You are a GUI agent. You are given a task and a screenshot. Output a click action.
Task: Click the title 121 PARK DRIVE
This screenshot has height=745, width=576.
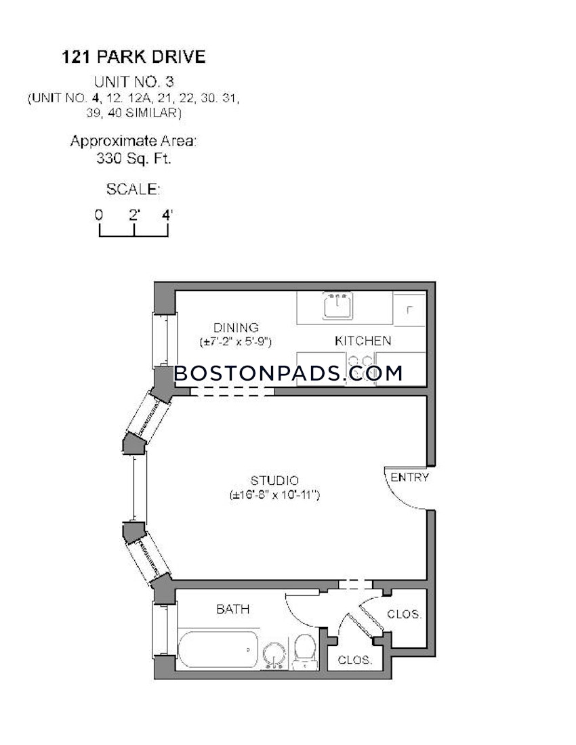(x=133, y=57)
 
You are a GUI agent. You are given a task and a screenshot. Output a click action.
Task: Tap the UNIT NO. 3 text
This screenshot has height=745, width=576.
(x=133, y=83)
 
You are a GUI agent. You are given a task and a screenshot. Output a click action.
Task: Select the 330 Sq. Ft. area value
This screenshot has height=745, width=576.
(x=133, y=160)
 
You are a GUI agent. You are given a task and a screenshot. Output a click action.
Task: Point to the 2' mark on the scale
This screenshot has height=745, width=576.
(x=134, y=215)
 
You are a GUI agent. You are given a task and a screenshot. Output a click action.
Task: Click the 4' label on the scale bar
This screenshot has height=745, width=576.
(x=167, y=215)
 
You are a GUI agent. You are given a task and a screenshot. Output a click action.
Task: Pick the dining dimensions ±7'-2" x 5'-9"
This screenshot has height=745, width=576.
(x=236, y=342)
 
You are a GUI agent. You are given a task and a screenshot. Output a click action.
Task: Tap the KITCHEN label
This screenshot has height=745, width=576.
(x=363, y=341)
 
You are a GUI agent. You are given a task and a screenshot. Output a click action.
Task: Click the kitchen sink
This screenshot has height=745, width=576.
(x=337, y=306)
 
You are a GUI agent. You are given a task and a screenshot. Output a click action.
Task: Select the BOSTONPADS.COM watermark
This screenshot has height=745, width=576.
(x=289, y=372)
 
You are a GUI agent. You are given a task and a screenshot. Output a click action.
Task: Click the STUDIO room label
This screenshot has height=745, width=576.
(x=274, y=481)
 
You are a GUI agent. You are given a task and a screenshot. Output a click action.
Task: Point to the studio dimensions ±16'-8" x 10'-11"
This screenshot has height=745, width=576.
(x=274, y=496)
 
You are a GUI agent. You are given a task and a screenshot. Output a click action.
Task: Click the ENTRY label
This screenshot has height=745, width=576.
(x=410, y=477)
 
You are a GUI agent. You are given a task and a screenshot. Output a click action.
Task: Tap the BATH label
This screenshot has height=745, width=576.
(x=232, y=610)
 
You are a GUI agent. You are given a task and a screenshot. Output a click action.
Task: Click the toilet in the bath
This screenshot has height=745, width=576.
(x=304, y=652)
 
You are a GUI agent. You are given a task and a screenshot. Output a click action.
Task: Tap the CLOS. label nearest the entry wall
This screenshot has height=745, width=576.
(x=405, y=615)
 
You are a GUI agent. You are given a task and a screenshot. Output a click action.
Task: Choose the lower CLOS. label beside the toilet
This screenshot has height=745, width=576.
(x=355, y=659)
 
